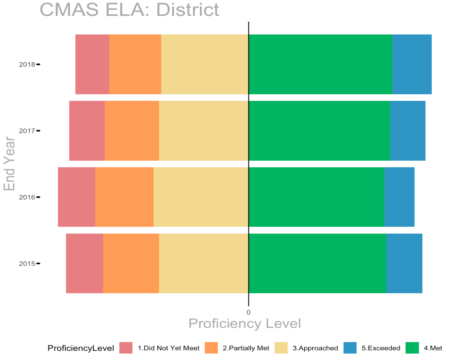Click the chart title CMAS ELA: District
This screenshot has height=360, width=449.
pyautogui.click(x=129, y=9)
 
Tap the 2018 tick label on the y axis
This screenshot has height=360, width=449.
pyautogui.click(x=27, y=64)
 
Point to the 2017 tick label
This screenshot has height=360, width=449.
pyautogui.click(x=27, y=131)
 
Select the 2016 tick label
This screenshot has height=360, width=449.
pyautogui.click(x=27, y=197)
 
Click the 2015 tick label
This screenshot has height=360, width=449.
pyautogui.click(x=27, y=264)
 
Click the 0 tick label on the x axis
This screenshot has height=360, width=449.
pyautogui.click(x=249, y=312)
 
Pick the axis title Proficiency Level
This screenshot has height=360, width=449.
pyautogui.click(x=245, y=323)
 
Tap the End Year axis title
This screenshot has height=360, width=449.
pyautogui.click(x=9, y=164)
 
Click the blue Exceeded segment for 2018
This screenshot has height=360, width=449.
pyautogui.click(x=412, y=64)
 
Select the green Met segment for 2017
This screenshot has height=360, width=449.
pyautogui.click(x=319, y=131)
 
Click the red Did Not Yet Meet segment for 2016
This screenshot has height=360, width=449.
pyautogui.click(x=77, y=197)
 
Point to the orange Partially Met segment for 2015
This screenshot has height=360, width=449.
pyautogui.click(x=131, y=263)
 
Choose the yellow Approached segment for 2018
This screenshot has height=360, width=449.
pyautogui.click(x=205, y=64)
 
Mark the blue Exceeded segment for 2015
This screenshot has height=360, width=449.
pyautogui.click(x=404, y=263)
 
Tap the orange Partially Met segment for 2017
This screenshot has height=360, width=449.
pyautogui.click(x=132, y=131)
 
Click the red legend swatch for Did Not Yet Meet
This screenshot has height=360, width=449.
pyautogui.click(x=126, y=348)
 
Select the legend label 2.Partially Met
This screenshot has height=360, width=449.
pyautogui.click(x=246, y=348)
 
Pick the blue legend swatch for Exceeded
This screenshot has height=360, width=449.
pyautogui.click(x=350, y=348)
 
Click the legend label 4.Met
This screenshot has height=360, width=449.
pyautogui.click(x=433, y=348)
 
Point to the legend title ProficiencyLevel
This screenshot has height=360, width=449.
pyautogui.click(x=81, y=348)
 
